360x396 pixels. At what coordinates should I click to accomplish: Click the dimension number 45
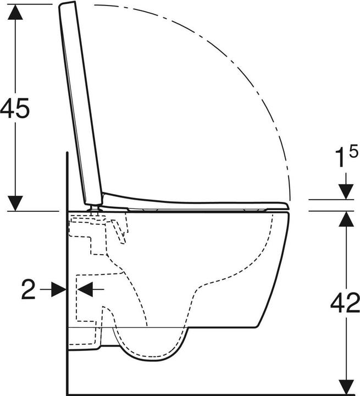click(x=15, y=108)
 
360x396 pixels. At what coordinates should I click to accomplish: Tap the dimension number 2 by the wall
click(x=28, y=289)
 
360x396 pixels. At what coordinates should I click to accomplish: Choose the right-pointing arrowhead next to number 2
click(x=58, y=289)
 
